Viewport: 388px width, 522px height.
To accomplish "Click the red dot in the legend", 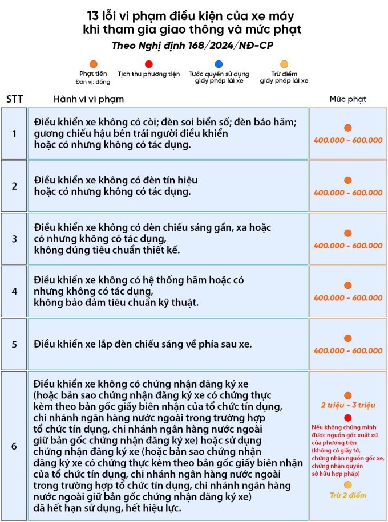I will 149,64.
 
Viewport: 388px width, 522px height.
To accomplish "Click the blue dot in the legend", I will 219,64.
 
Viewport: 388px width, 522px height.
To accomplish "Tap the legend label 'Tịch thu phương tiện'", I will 149,74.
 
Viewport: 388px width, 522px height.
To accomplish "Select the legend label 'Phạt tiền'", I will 93,74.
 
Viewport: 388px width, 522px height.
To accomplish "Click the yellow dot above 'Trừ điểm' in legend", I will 284,64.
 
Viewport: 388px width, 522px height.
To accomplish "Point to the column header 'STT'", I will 15,99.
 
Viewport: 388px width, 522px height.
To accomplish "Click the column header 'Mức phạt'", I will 348,99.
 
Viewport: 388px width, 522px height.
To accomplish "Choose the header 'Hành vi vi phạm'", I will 88,99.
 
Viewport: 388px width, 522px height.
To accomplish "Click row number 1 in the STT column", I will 14,133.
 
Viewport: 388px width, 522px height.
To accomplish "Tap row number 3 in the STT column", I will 14,239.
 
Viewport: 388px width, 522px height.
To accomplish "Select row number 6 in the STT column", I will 14,446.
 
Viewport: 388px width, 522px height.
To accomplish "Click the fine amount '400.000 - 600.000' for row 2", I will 348,193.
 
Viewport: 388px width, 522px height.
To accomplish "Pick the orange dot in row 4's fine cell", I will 348,286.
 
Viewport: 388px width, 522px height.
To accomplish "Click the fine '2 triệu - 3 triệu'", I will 348,405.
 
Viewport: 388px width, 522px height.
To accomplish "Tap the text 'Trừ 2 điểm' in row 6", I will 348,495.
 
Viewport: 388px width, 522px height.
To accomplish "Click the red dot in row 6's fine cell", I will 348,418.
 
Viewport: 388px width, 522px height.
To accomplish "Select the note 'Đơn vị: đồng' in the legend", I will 93,81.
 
